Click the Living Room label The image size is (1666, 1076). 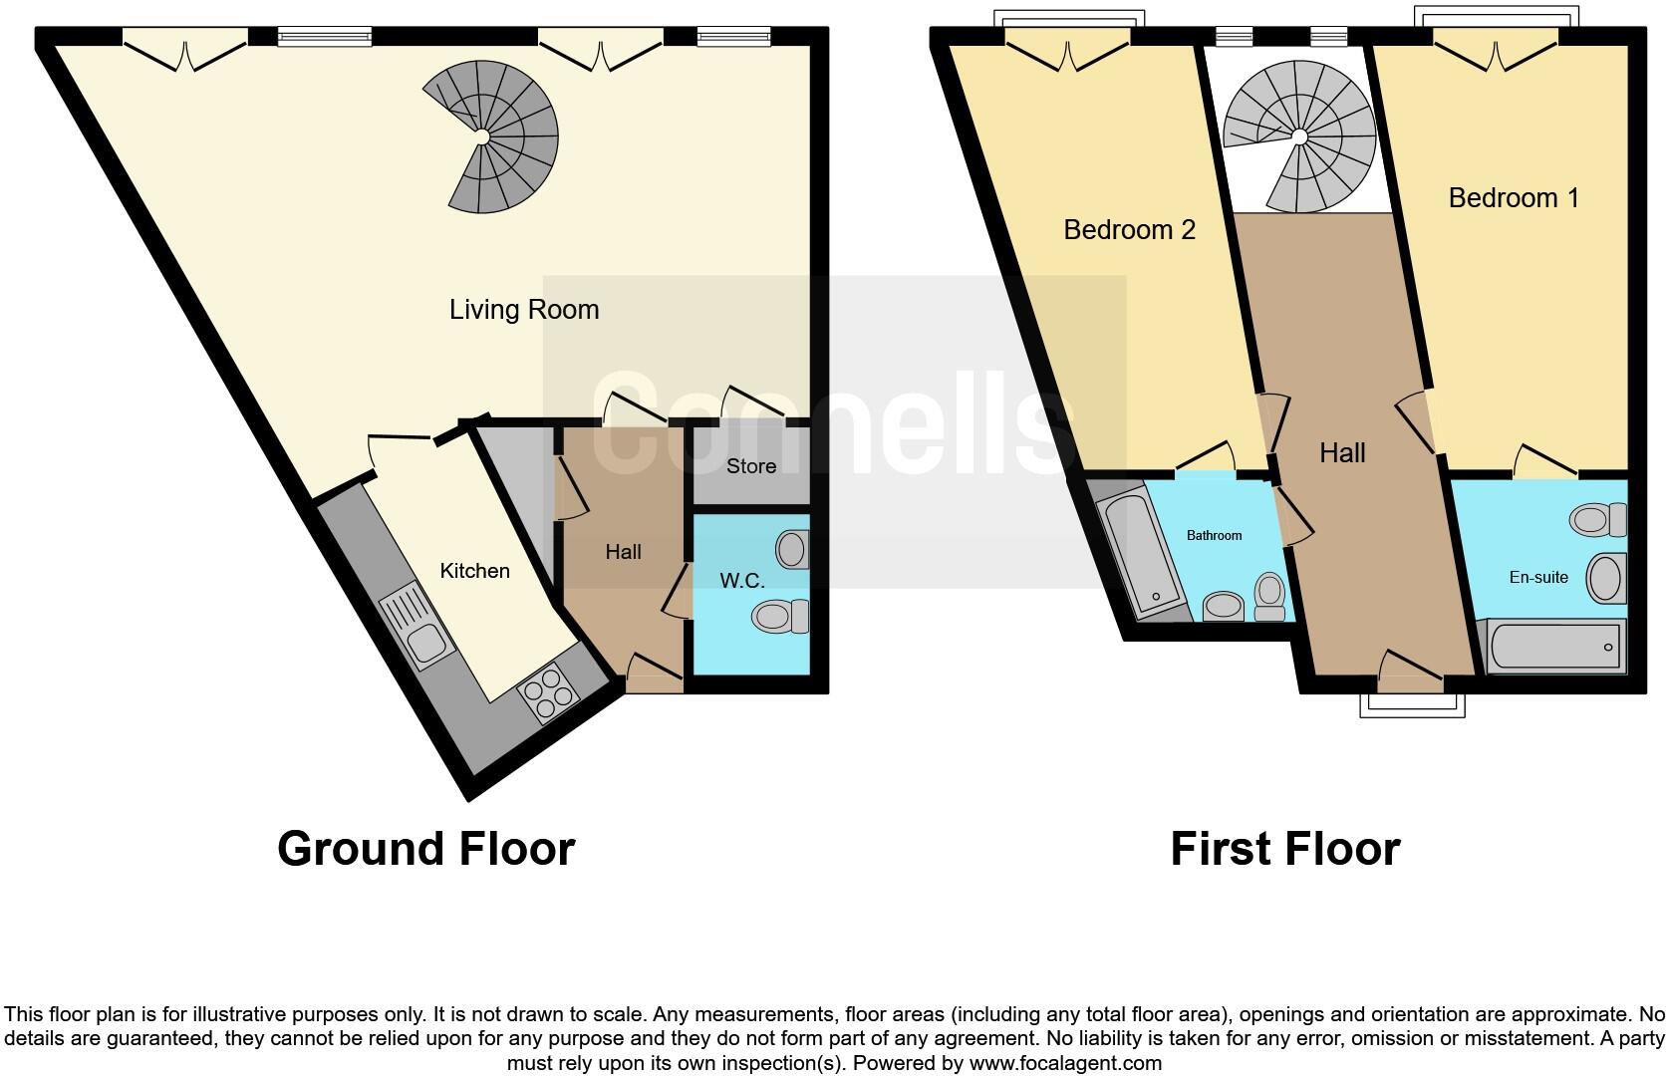click(524, 310)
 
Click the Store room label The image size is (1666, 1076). click(750, 466)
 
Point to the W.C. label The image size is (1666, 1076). click(742, 581)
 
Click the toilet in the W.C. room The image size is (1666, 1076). click(782, 616)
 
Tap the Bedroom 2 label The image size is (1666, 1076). click(1129, 230)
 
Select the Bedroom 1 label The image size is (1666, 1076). click(1513, 198)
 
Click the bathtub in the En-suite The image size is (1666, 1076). click(1554, 647)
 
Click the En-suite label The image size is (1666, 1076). click(1538, 577)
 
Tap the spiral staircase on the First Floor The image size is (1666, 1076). click(1300, 134)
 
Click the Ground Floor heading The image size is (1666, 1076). click(426, 849)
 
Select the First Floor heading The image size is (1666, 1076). click(1284, 849)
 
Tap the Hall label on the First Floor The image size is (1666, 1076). click(1342, 453)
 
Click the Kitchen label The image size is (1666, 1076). click(474, 571)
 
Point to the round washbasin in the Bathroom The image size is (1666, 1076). click(1224, 606)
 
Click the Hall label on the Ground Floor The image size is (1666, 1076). click(623, 552)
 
